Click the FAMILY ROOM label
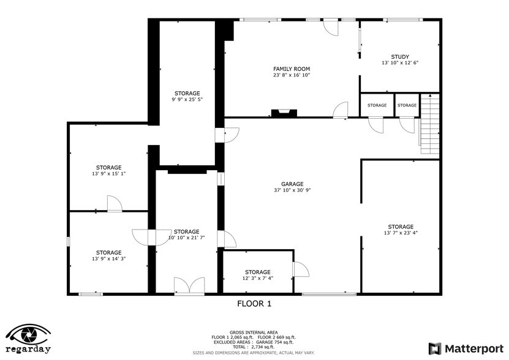coord(292,69)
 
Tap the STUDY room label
coord(400,57)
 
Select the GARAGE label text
coord(292,184)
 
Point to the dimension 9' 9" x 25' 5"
coord(187,99)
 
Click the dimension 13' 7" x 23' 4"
coord(400,233)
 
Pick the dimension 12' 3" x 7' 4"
coord(258,279)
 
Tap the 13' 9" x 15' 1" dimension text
coord(108,174)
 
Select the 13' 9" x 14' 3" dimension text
coord(108,259)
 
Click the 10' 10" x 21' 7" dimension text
coord(187,238)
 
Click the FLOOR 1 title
coord(254,303)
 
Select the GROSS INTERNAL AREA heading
coord(254,332)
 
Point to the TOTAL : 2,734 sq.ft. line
coord(254,347)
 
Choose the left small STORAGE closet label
coord(377,105)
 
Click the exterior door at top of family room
coord(330,26)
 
